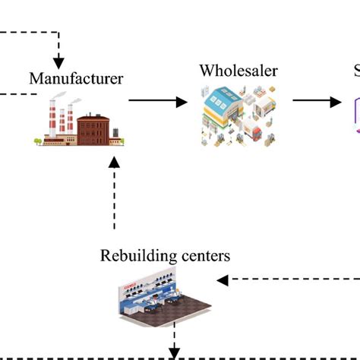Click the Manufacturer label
(76, 77)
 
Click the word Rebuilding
(133, 255)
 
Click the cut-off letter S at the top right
(356, 71)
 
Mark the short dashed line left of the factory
(18, 94)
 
